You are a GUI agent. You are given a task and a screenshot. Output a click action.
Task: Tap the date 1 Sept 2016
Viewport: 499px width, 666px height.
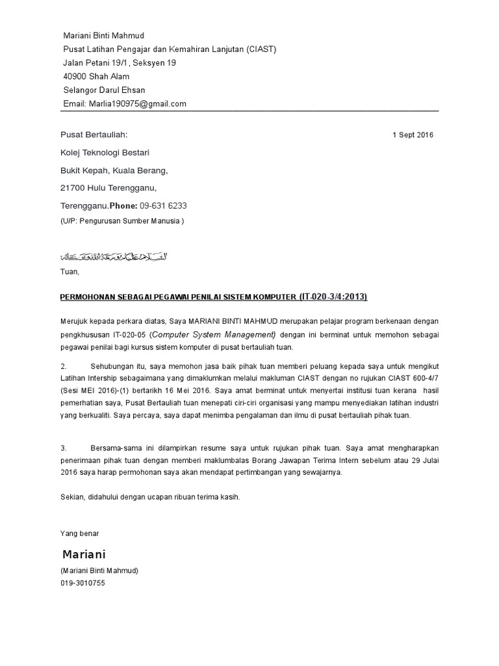(413, 135)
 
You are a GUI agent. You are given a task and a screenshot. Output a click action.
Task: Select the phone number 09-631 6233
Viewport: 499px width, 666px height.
(163, 206)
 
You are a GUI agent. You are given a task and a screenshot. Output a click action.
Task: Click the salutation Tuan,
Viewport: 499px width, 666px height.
(69, 272)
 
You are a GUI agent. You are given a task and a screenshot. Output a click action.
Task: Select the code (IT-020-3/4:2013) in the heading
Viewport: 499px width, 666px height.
(333, 297)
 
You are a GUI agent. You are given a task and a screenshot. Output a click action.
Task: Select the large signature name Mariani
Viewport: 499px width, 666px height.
(84, 555)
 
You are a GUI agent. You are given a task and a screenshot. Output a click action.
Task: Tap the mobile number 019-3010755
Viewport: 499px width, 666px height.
(83, 583)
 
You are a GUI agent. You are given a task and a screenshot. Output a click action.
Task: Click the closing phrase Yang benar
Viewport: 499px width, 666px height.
(79, 533)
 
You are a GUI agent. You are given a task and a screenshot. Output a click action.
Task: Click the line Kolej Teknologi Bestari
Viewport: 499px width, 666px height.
(105, 153)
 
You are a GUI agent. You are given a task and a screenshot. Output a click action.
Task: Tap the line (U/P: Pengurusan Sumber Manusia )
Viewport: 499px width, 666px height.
(122, 220)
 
